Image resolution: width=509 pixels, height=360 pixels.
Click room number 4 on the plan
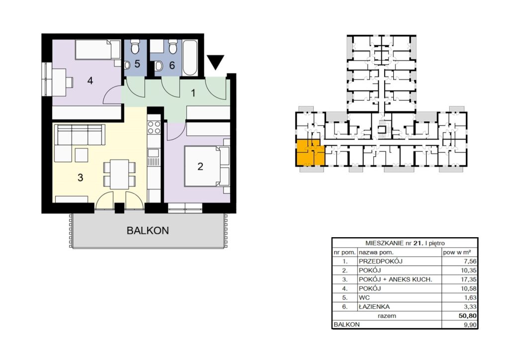[x=90, y=80]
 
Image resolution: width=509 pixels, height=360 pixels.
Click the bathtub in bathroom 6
[x=190, y=58]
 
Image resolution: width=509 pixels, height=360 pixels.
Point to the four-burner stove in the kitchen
[x=154, y=127]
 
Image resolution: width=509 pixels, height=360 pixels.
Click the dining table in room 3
[x=119, y=175]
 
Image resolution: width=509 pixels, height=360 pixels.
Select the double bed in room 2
[x=207, y=166]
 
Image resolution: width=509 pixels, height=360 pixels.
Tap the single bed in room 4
[x=98, y=50]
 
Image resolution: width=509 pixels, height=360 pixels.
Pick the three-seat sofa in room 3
[x=80, y=134]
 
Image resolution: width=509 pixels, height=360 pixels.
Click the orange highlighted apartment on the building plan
[x=310, y=153]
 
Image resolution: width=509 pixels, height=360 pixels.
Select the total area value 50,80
[x=467, y=316]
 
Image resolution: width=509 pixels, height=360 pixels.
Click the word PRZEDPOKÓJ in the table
[x=380, y=261]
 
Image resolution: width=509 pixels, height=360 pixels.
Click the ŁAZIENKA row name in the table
[x=374, y=306]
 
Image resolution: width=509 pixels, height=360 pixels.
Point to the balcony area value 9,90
[x=471, y=324]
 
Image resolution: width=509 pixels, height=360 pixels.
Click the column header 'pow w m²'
[x=457, y=252]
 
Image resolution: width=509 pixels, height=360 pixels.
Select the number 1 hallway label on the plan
[x=193, y=93]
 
